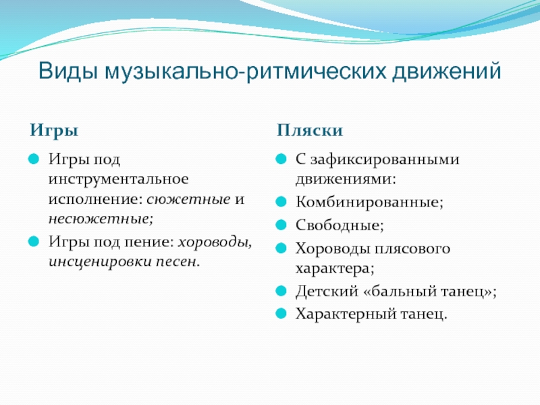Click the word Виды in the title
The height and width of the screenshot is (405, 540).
point(67,72)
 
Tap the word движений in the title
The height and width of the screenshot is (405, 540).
point(446,72)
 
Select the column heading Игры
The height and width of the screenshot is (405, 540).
point(54,131)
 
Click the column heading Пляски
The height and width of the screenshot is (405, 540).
point(310,130)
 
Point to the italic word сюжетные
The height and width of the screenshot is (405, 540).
point(189,199)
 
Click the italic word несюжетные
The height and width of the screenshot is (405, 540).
point(101,219)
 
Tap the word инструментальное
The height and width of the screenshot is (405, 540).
point(119,179)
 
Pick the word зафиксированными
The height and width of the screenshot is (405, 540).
point(385,159)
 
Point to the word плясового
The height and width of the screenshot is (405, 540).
point(411,248)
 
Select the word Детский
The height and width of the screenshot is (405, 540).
point(327,292)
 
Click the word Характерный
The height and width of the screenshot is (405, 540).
point(346,314)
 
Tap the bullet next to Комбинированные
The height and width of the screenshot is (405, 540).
point(281,202)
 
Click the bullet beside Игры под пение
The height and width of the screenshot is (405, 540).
point(34,242)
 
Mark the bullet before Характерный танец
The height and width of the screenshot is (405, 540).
point(281,314)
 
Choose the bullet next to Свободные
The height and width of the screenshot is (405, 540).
point(281,225)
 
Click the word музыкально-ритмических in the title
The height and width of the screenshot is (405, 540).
point(245,72)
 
